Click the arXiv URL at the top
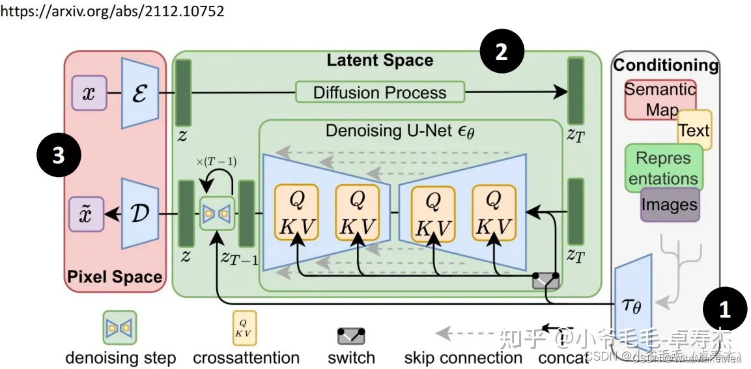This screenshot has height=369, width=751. tap(112, 12)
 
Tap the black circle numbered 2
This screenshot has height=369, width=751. tap(502, 53)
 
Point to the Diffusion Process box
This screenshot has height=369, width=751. tap(380, 92)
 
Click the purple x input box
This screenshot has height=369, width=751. tap(89, 93)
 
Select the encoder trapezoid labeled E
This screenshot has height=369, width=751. tap(140, 92)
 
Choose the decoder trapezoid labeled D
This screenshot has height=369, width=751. tap(140, 213)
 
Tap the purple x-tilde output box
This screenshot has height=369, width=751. tap(87, 214)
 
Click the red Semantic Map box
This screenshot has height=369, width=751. tap(660, 100)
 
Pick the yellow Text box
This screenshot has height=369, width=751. tap(694, 130)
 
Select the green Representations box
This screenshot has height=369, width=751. tap(663, 168)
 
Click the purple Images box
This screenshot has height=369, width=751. tap(670, 204)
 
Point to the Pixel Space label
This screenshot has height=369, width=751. tap(115, 277)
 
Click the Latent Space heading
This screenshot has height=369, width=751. tap(380, 61)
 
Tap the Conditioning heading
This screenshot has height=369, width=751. tap(666, 65)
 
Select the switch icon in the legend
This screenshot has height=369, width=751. tap(351, 336)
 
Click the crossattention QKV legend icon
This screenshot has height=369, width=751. tap(245, 327)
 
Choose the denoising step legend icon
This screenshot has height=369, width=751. tap(120, 327)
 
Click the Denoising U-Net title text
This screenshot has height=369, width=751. tap(400, 131)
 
